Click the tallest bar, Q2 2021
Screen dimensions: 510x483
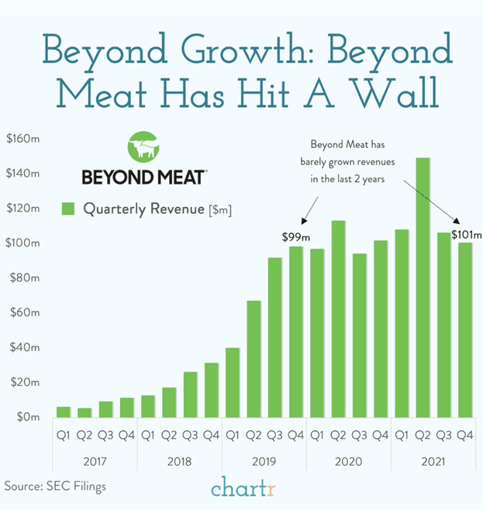[x=423, y=287]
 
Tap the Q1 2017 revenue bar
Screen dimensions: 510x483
[x=64, y=412]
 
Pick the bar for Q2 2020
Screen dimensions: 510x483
[x=338, y=319]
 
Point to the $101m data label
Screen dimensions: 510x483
[x=466, y=235]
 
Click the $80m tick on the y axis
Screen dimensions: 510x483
[x=25, y=277]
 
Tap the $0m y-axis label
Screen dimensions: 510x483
[x=27, y=417]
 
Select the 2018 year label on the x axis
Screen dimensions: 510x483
[x=179, y=460]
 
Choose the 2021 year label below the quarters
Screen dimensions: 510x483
[x=433, y=460]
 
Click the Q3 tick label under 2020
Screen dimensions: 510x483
[x=359, y=436]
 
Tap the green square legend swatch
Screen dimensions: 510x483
[x=67, y=208]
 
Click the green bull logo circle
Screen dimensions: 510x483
[x=143, y=147]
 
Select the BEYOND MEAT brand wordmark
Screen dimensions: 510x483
[x=143, y=177]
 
